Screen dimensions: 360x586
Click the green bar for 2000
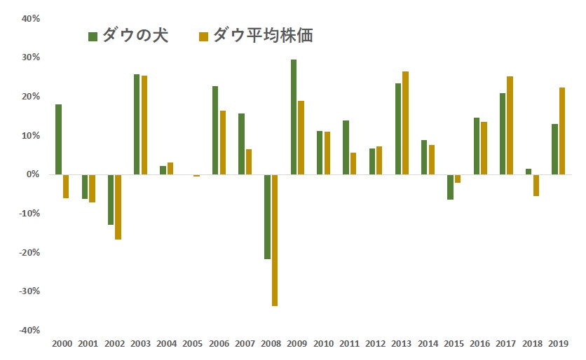tap(59, 139)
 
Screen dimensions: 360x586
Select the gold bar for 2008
tap(275, 240)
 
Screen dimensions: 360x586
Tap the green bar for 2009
tap(294, 117)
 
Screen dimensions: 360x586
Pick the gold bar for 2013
tap(405, 123)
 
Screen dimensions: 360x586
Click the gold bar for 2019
tap(562, 131)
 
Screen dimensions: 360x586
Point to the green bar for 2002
tap(111, 200)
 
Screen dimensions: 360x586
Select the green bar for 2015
tap(450, 187)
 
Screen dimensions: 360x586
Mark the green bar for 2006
tap(215, 130)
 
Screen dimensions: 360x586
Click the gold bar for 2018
tap(536, 185)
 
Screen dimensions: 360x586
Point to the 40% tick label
tap(30, 19)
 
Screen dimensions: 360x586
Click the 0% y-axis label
tap(33, 174)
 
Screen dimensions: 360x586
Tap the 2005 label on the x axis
tap(192, 344)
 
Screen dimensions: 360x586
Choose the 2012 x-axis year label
tap(375, 344)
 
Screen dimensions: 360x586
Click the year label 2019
tap(558, 344)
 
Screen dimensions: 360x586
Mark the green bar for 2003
tap(137, 125)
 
